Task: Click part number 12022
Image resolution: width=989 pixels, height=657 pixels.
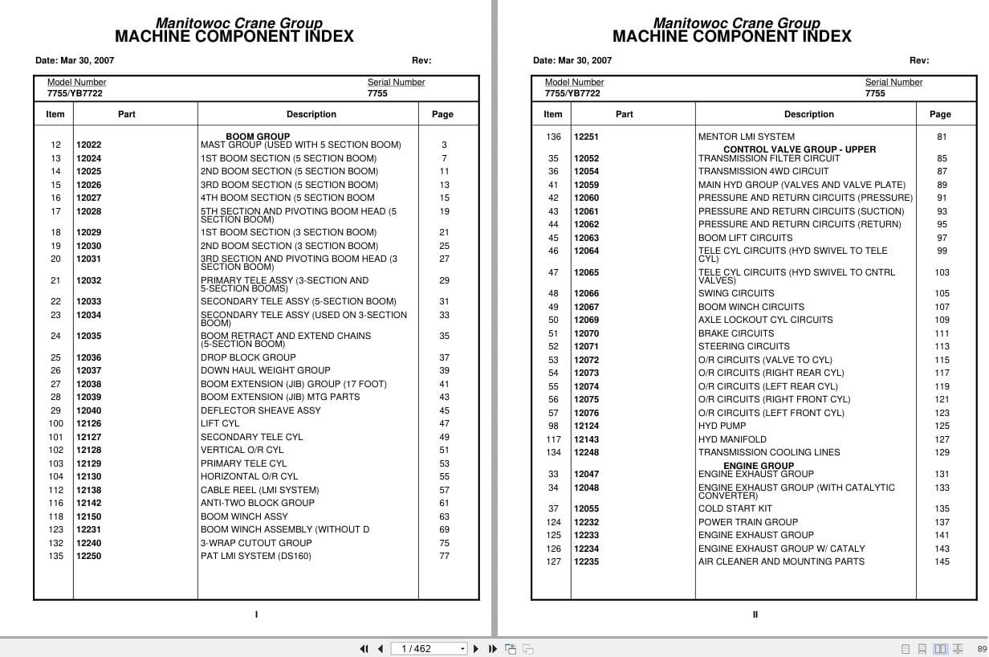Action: click(x=89, y=145)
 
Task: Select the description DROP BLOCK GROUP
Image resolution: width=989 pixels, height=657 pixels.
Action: click(x=248, y=357)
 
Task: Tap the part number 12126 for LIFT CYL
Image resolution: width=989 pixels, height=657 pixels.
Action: click(x=89, y=424)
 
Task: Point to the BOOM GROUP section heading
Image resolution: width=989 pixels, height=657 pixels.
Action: click(x=258, y=137)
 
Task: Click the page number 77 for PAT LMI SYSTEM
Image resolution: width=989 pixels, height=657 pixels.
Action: click(x=444, y=556)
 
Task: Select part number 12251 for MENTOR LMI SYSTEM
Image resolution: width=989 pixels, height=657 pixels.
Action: click(x=586, y=137)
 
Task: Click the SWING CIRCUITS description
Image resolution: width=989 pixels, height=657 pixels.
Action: click(x=736, y=294)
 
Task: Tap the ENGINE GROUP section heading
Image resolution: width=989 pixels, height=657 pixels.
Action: click(x=759, y=466)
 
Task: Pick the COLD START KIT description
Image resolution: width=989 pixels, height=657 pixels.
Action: click(x=735, y=508)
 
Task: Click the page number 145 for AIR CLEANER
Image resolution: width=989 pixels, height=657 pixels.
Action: click(x=942, y=562)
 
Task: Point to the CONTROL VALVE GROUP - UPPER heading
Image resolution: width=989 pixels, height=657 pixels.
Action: click(x=800, y=149)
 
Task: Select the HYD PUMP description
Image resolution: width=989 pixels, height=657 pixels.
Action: click(x=722, y=426)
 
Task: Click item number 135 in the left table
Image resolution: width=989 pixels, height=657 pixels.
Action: click(x=55, y=556)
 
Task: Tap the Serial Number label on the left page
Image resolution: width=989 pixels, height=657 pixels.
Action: click(x=396, y=82)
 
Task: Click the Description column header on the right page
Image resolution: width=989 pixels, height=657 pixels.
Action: click(x=808, y=115)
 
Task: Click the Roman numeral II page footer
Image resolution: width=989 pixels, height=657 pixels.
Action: click(x=755, y=615)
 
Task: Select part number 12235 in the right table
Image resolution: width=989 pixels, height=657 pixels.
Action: click(x=586, y=562)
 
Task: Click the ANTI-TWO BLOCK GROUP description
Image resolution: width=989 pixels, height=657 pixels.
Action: click(x=258, y=503)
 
